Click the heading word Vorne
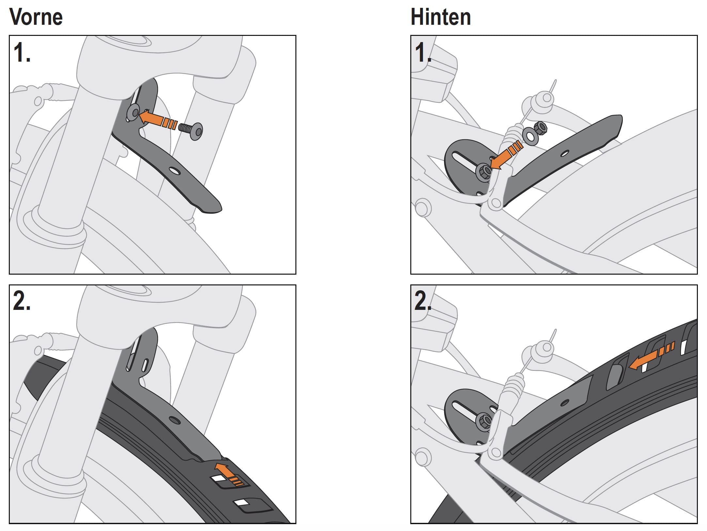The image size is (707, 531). pyautogui.click(x=36, y=17)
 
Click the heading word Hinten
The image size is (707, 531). pyautogui.click(x=441, y=17)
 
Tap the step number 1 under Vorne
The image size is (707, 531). pyautogui.click(x=22, y=52)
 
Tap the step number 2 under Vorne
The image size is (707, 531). pyautogui.click(x=22, y=301)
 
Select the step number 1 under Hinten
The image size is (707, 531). pyautogui.click(x=423, y=52)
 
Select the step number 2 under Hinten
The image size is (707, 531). pyautogui.click(x=423, y=301)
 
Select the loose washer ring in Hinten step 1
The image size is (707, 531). pyautogui.click(x=530, y=136)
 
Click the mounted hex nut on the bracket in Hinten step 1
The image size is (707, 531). pyautogui.click(x=483, y=172)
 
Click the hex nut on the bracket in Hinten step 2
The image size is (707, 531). pyautogui.click(x=483, y=421)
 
